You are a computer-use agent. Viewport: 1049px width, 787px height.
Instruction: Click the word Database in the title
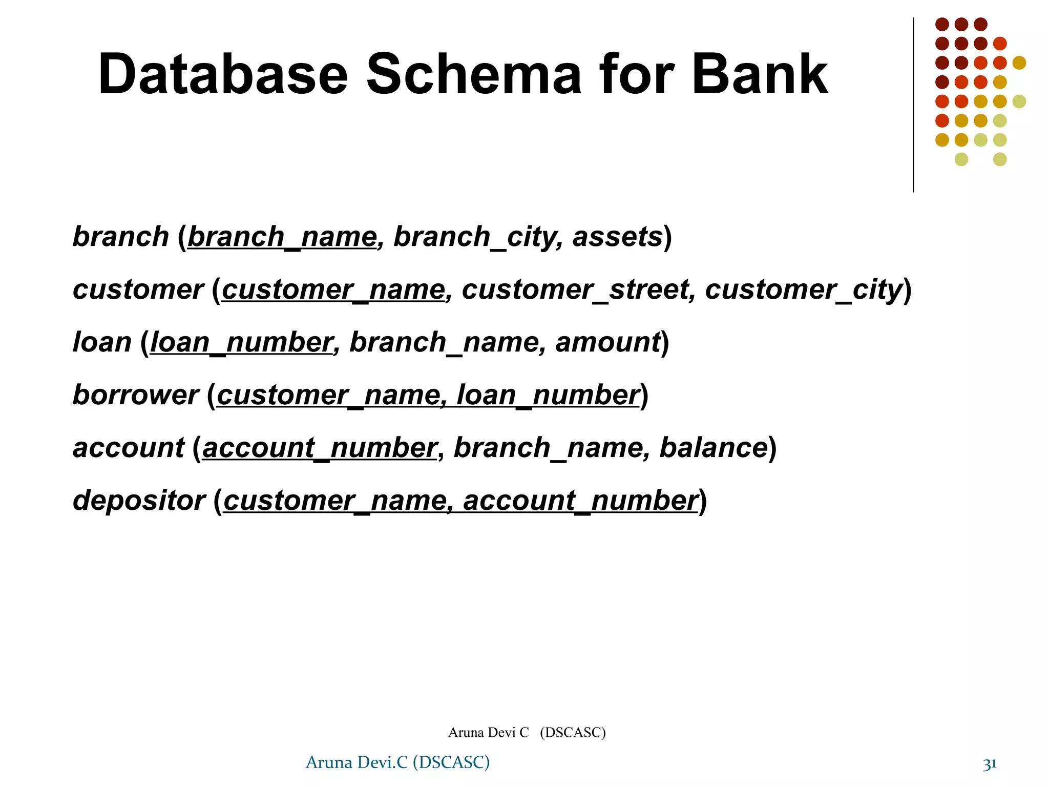223,75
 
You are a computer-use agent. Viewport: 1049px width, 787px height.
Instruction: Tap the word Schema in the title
474,75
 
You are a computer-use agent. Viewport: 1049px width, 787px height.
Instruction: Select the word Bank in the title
760,75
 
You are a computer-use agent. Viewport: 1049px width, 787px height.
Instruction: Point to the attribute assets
618,237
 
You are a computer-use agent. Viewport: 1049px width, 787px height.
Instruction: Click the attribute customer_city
803,290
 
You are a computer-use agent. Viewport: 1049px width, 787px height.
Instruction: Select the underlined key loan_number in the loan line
241,343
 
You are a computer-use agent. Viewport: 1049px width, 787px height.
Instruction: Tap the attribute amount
608,343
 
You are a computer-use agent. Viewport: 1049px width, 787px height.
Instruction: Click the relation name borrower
136,396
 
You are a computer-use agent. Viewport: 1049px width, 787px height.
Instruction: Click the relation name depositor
139,501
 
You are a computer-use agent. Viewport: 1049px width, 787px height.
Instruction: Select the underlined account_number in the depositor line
580,501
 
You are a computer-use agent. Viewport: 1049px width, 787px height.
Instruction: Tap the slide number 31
990,764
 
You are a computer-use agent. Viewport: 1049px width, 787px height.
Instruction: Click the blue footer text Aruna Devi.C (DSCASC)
397,763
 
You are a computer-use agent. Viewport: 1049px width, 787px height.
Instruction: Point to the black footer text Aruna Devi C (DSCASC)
527,733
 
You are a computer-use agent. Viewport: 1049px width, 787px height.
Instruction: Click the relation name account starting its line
129,448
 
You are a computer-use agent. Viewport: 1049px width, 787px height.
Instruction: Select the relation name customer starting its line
138,290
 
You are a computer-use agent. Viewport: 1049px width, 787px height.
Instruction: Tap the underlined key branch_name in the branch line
282,237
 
